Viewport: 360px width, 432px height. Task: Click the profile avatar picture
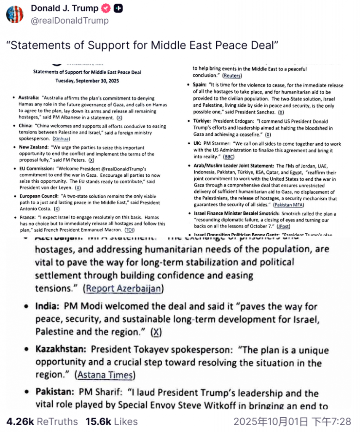coord(15,14)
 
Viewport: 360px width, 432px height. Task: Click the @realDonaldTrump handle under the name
coord(70,21)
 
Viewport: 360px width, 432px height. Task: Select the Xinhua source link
coord(62,138)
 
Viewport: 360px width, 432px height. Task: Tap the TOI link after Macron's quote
coord(129,229)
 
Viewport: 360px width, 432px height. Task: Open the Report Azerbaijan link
coord(124,289)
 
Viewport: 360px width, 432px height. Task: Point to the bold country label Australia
coord(29,98)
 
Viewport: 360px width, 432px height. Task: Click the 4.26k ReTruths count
coord(42,421)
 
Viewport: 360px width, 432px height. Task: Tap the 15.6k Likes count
coord(111,421)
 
